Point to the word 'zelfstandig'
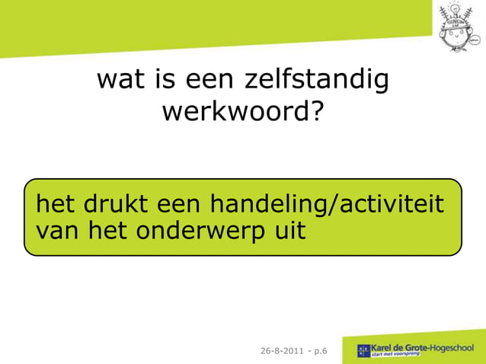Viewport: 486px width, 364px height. [x=318, y=81]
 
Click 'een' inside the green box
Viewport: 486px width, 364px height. [x=181, y=205]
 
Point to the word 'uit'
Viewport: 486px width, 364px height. [x=290, y=229]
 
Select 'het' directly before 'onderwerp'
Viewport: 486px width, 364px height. [x=107, y=229]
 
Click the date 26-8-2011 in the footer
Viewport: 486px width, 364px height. [x=281, y=350]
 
